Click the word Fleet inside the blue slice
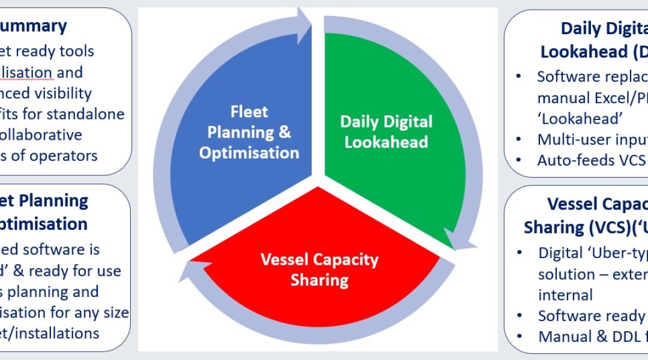pos(249,112)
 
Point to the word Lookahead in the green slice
pos(386,143)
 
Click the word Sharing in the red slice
pos(319,280)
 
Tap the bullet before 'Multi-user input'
pos(519,139)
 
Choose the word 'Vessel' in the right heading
pos(569,205)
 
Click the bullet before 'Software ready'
pos(519,316)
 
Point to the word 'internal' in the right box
pos(565,295)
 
